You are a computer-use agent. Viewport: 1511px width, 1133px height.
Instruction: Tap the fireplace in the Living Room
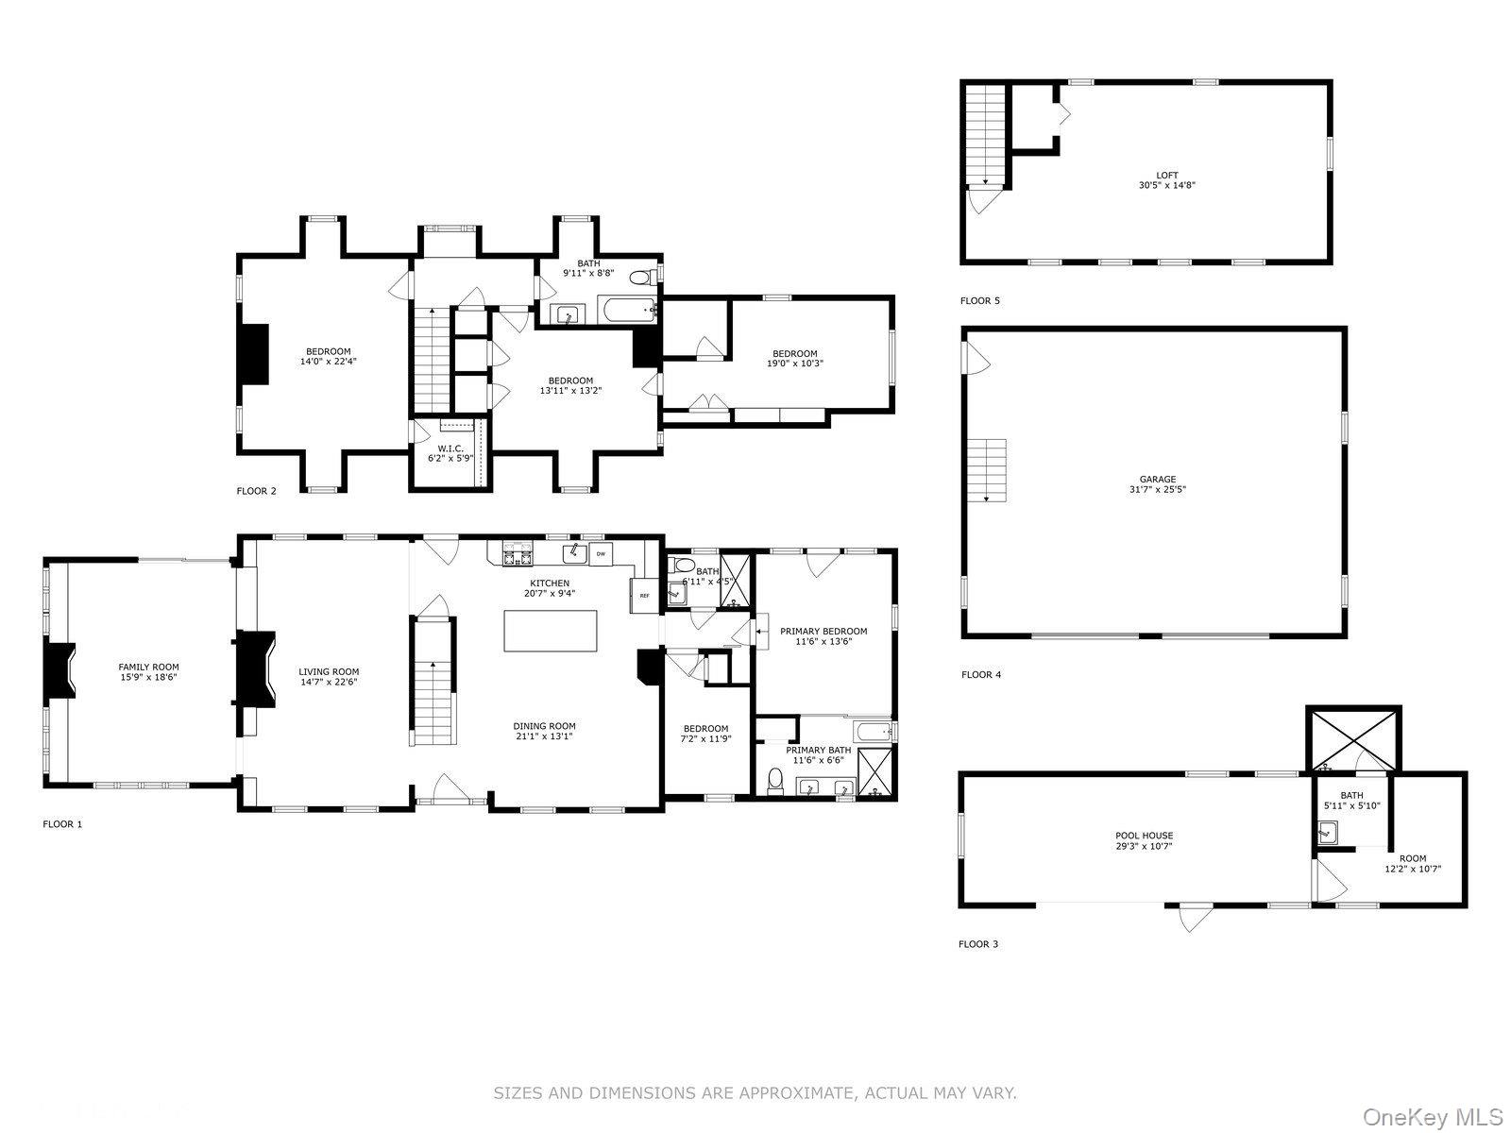[256, 668]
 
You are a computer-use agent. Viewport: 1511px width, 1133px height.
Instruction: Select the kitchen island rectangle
[550, 630]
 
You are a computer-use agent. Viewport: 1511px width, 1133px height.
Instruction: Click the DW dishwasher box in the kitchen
[601, 553]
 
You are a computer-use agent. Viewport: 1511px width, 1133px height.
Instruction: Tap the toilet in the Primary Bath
[776, 782]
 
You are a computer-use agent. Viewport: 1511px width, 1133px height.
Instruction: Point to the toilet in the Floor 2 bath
[642, 278]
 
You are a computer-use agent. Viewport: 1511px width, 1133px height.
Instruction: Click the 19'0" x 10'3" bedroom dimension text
[794, 364]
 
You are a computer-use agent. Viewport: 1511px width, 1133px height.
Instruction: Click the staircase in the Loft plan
[986, 136]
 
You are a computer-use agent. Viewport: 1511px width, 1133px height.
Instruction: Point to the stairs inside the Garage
[987, 470]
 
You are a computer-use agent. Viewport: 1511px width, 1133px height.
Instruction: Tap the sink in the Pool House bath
[1328, 833]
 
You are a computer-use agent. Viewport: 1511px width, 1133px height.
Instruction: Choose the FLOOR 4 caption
[981, 674]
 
